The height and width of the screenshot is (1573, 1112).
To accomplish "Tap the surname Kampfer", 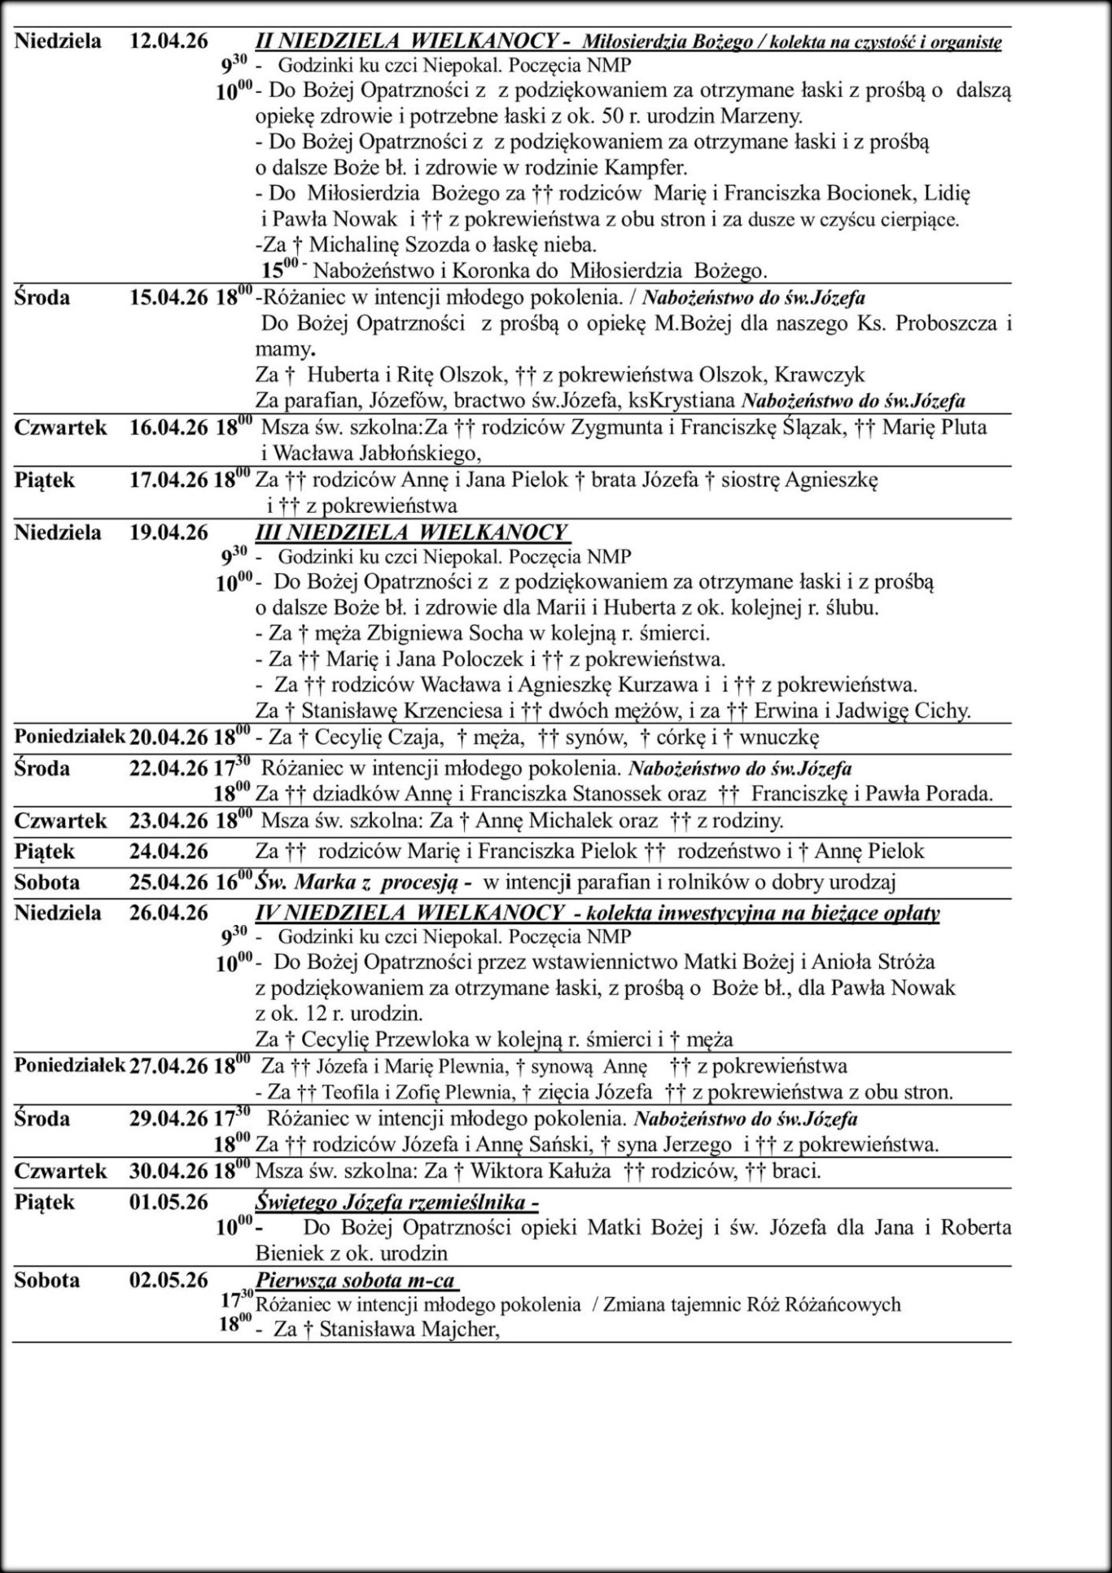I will pyautogui.click(x=646, y=168).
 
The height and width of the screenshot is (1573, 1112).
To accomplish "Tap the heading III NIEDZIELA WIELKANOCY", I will pyautogui.click(x=411, y=532).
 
